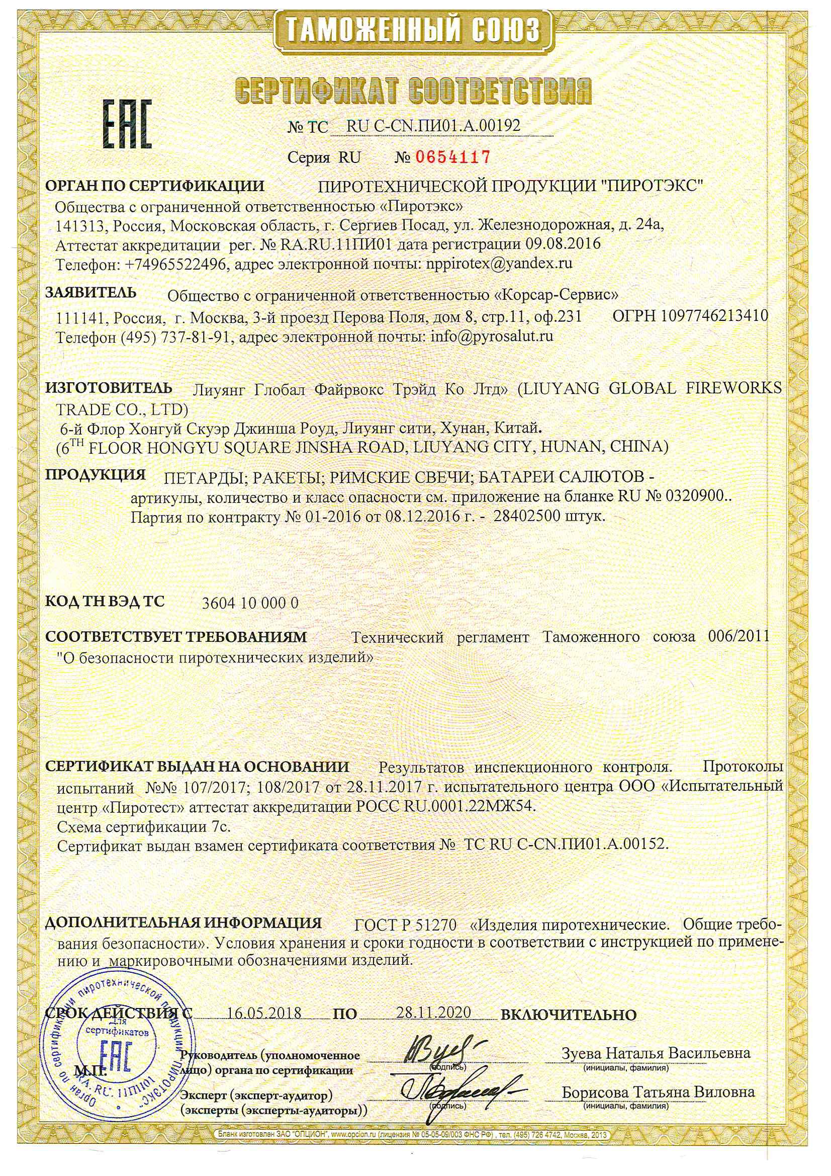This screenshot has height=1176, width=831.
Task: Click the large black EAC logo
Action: coord(129,124)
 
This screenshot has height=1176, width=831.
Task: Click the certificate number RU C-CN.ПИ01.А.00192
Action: coord(433,126)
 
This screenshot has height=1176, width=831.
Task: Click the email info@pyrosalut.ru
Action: coord(493,337)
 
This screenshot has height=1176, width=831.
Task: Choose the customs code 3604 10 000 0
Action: coord(250,603)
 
